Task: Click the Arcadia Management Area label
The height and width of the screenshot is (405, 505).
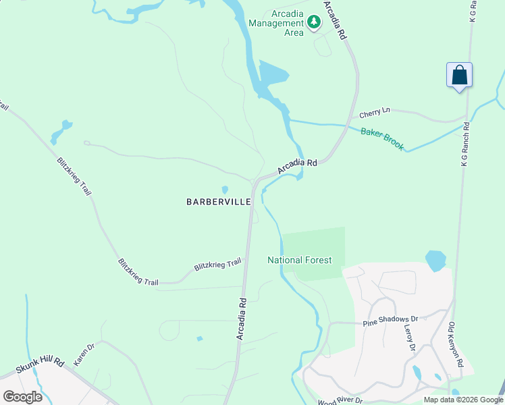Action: [x=276, y=23]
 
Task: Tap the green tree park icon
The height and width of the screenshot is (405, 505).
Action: [x=313, y=23]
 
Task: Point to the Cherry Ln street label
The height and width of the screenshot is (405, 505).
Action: [x=375, y=111]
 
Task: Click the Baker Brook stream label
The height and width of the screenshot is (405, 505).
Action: [x=382, y=139]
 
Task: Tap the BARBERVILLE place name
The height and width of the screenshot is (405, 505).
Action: [x=219, y=201]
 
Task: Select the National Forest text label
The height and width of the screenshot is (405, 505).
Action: [x=299, y=260]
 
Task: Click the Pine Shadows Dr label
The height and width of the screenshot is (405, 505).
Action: [x=390, y=319]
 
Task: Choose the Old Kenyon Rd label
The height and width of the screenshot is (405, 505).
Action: [x=456, y=344]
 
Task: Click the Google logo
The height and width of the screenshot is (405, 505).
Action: [x=22, y=397]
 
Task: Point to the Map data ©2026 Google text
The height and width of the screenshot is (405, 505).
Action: [x=463, y=400]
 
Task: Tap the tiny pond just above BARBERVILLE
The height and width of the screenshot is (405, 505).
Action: [x=225, y=190]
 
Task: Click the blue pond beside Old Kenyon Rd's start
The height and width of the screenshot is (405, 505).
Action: [x=435, y=260]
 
